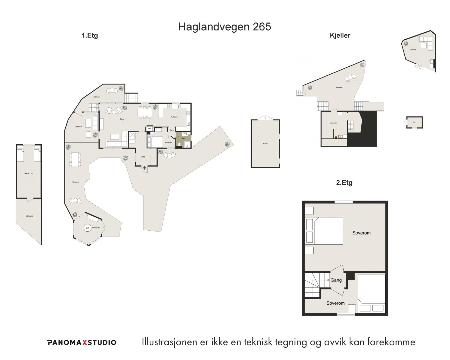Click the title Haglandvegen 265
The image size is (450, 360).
[x=224, y=27]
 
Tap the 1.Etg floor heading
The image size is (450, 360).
[x=89, y=36]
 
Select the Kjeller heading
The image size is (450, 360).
[x=340, y=35]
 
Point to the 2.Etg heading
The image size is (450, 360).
[x=344, y=183]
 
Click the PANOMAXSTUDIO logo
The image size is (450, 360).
[x=81, y=342]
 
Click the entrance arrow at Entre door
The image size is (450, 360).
[x=145, y=168]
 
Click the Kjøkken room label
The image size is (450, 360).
[x=174, y=117]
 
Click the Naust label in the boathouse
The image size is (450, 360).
[x=265, y=144]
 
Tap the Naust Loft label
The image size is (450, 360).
[x=29, y=174]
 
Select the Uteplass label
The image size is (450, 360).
[x=29, y=216]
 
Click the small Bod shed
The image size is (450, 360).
[x=414, y=123]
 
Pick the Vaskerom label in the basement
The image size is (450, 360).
[x=333, y=123]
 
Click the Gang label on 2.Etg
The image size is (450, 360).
[x=336, y=280]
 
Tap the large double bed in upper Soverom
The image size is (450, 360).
[x=328, y=231]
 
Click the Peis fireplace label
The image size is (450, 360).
[x=150, y=129]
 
